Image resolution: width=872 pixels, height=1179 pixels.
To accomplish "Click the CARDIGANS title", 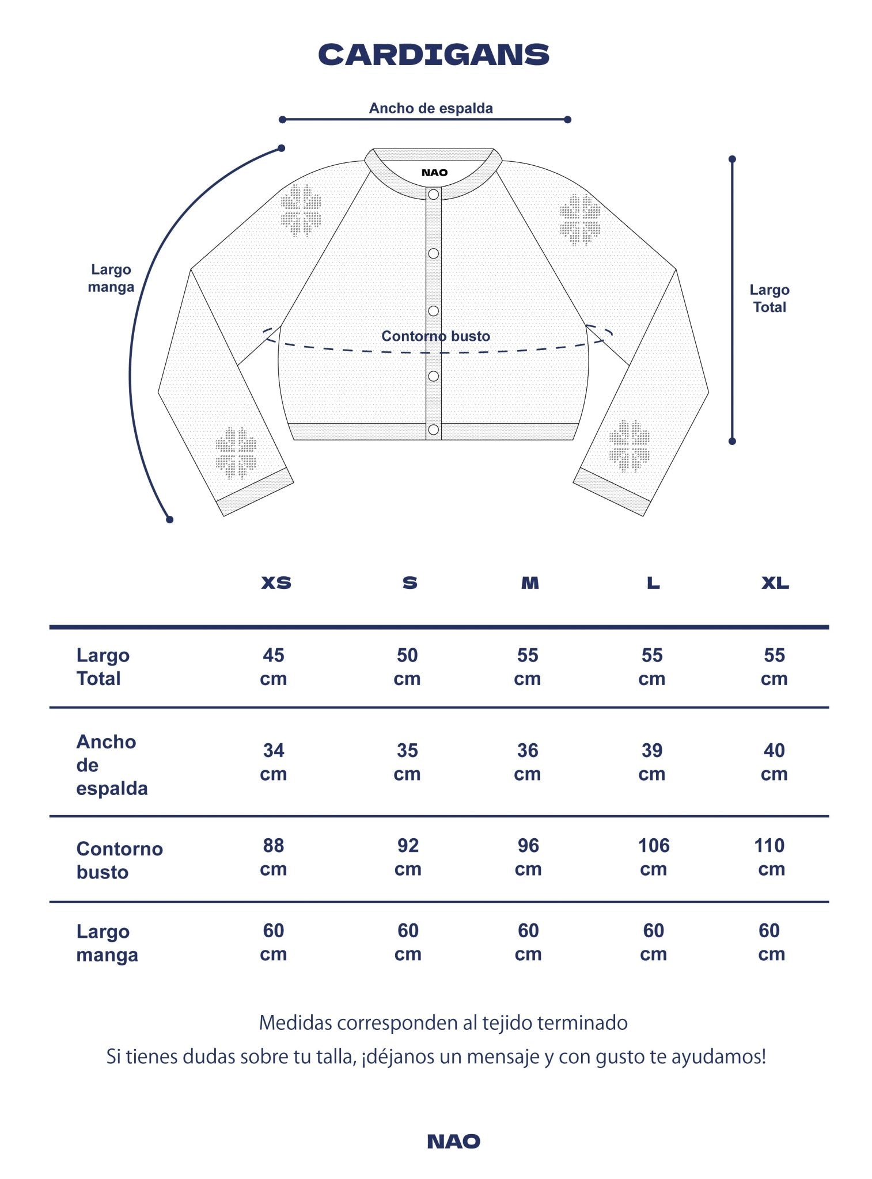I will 434,55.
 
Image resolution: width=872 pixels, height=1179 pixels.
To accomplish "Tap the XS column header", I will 276,583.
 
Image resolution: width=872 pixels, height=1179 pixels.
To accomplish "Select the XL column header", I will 775,583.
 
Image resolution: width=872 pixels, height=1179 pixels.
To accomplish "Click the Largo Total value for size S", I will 407,667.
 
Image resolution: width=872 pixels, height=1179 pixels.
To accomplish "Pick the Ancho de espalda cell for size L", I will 652,762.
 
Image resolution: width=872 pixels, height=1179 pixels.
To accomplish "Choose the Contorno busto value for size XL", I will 770,857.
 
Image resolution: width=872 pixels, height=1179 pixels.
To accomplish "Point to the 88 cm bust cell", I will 274,857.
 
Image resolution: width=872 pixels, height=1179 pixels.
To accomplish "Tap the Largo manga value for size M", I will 528,942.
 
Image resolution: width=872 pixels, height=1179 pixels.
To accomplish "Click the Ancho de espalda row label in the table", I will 112,765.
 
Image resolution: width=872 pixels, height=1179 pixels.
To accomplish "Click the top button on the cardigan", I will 433,195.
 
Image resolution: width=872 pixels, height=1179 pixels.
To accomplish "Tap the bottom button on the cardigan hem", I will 433,429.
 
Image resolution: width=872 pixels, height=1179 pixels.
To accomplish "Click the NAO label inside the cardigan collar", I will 434,173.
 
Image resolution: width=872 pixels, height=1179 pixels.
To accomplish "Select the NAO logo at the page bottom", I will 453,1142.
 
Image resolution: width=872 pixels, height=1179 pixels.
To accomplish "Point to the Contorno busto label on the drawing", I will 435,336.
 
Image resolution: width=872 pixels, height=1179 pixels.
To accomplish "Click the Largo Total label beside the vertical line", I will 769,298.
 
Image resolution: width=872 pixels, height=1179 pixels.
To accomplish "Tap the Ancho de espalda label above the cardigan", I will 431,108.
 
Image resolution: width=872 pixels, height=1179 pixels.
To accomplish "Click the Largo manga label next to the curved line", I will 111,278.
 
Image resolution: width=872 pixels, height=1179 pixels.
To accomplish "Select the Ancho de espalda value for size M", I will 528,762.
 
